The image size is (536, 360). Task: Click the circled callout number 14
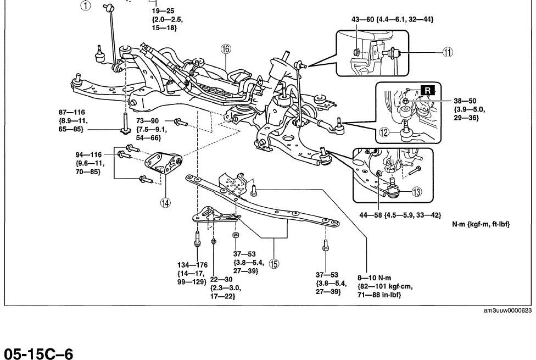164,202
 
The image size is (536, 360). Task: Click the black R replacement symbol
428,89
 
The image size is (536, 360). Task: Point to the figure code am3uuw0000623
507,311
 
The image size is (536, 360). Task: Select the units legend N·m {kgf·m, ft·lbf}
481,224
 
